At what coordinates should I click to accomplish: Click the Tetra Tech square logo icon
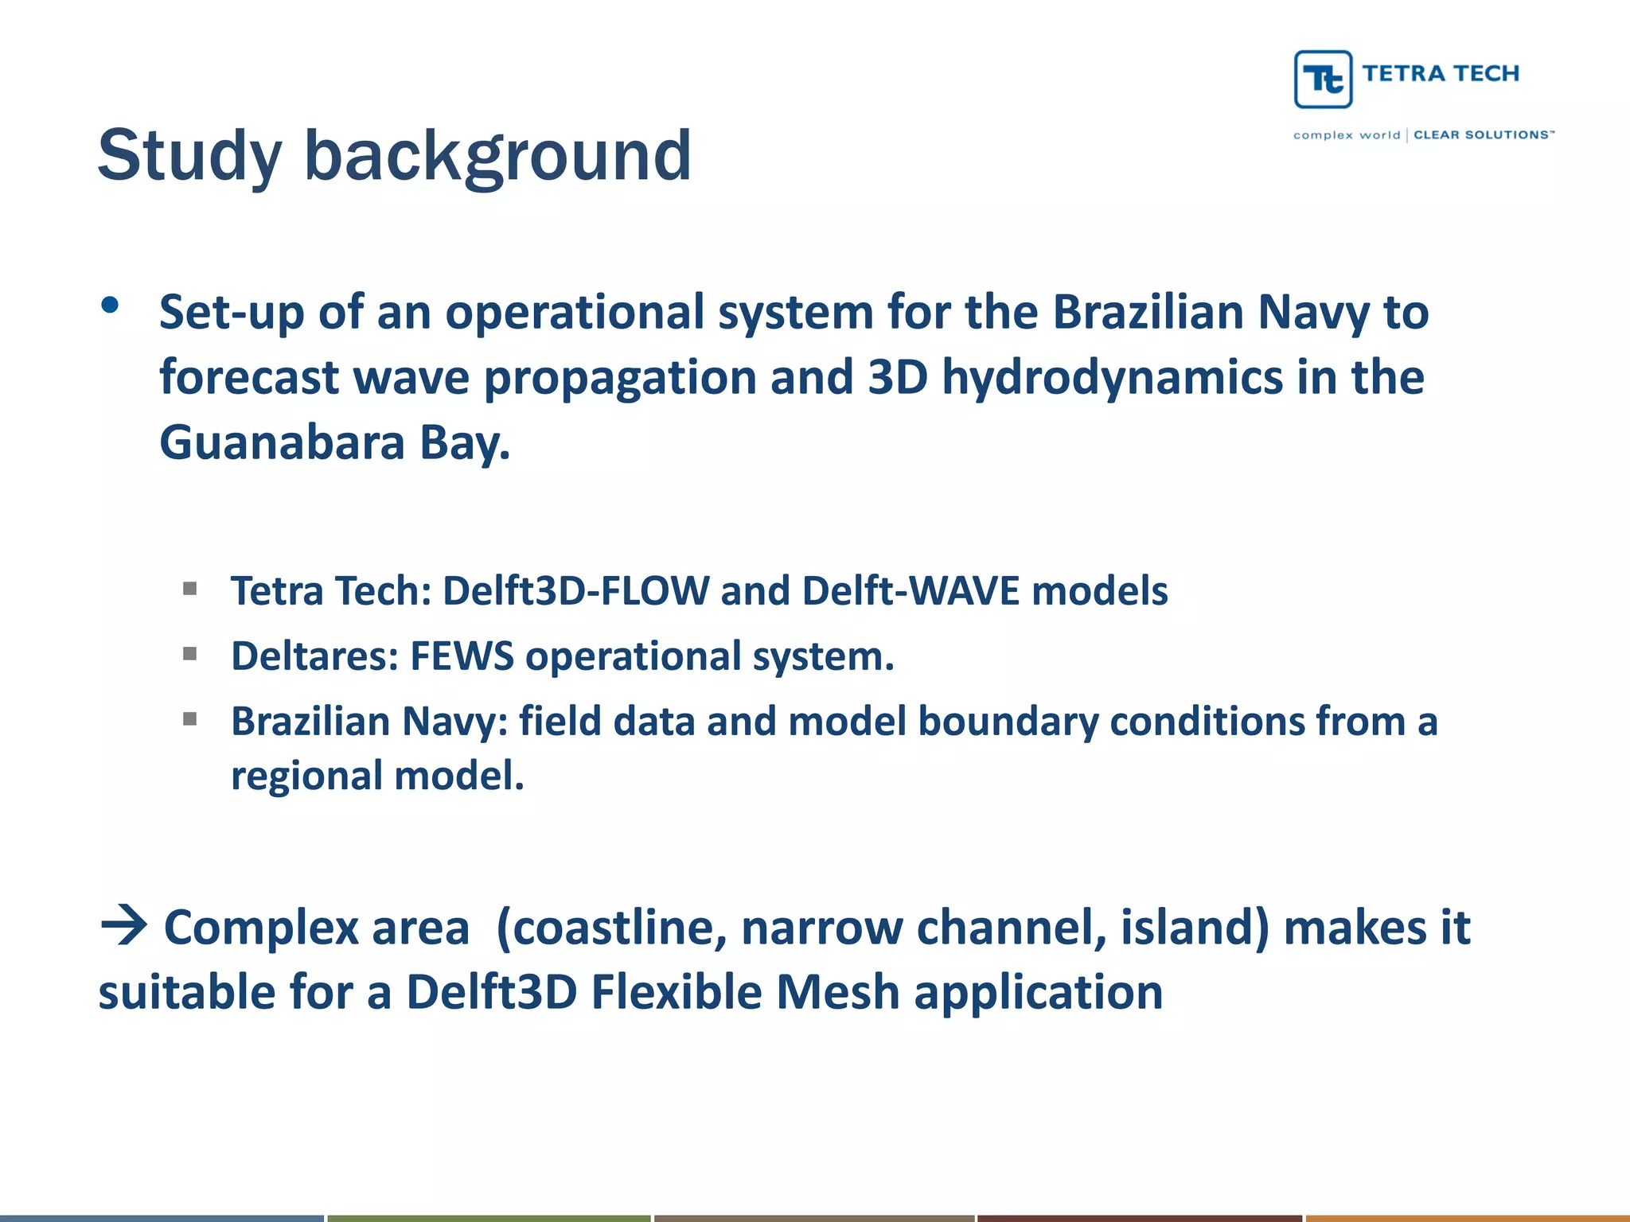pos(1323,79)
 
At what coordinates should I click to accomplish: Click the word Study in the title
pos(189,156)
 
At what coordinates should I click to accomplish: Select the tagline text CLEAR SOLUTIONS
pos(1482,135)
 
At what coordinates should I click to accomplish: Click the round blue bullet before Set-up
pos(111,305)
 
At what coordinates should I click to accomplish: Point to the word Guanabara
pos(282,442)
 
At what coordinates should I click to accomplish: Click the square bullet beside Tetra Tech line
pos(189,589)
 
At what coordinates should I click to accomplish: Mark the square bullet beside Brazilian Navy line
pos(189,719)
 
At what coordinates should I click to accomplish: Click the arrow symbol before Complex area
pos(124,926)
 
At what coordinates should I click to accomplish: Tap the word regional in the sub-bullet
pos(306,776)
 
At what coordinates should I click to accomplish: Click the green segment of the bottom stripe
pos(489,1217)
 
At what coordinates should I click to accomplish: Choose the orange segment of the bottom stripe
pos(1467,1217)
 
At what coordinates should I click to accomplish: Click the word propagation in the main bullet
pos(619,377)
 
